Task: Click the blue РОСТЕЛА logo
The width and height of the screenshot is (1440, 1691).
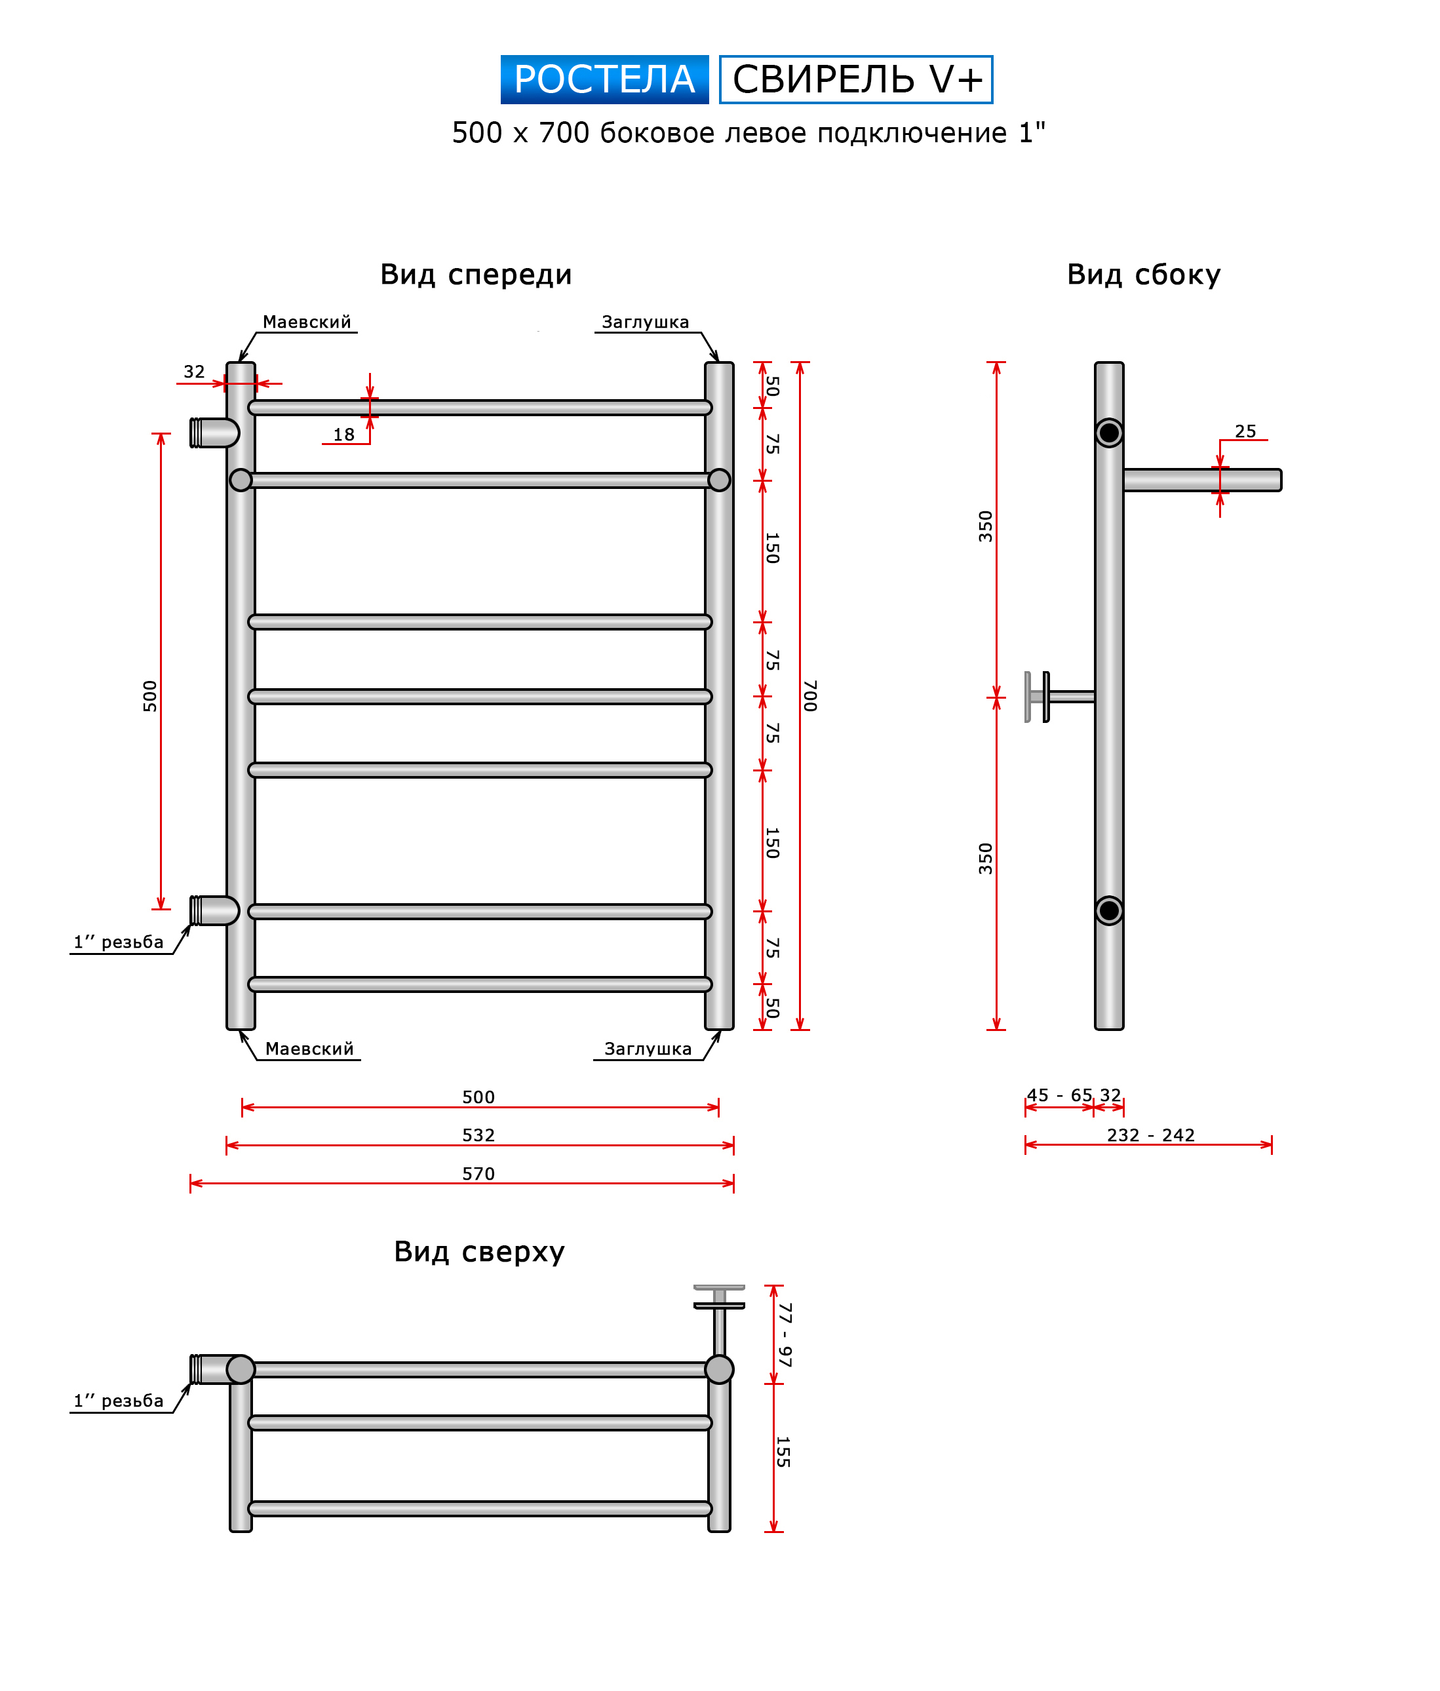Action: coord(604,79)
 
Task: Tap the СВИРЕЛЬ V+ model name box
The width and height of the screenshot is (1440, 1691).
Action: coord(855,79)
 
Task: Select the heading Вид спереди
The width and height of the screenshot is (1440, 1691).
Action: coord(476,274)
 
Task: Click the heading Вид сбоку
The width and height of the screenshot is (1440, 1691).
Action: coord(1143,274)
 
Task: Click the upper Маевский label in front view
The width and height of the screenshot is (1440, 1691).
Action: coord(307,322)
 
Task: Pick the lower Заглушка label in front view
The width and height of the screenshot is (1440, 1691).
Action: coord(648,1049)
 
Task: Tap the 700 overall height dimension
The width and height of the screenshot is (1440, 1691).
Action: coord(810,695)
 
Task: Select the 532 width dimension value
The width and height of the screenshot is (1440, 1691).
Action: coord(478,1135)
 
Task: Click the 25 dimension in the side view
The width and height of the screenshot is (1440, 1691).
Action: coord(1245,431)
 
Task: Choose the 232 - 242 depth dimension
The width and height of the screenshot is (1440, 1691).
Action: coord(1150,1135)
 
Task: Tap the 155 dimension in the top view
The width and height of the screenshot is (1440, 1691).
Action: coord(782,1452)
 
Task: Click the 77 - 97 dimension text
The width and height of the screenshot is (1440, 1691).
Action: coord(785,1335)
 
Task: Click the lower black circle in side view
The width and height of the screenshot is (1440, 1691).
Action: coord(1108,910)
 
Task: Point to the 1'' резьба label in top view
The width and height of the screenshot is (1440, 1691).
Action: coord(119,1401)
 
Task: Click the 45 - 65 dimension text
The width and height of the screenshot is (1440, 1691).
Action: coord(1059,1095)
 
